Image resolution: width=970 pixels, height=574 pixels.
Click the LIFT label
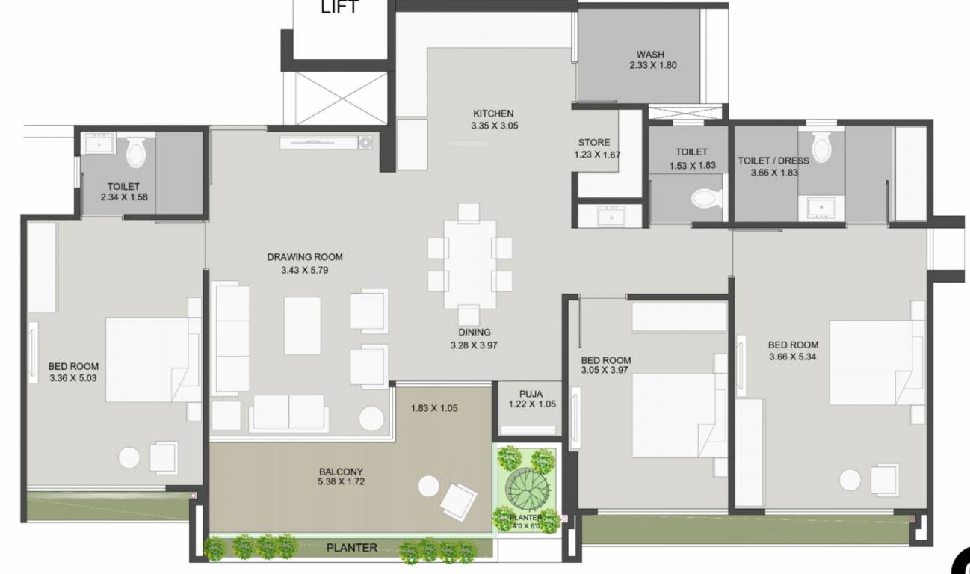(340, 8)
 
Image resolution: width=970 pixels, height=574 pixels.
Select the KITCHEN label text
(493, 114)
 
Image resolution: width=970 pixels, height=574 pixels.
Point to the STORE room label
(594, 142)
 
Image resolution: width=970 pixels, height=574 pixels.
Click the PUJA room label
(531, 394)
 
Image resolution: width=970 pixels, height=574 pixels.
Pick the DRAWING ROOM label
(305, 257)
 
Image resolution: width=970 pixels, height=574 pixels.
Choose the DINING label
(475, 333)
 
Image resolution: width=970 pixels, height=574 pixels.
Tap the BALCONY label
(341, 472)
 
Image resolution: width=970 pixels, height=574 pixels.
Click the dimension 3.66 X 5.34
(793, 357)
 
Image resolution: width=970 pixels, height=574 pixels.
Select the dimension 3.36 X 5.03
(73, 378)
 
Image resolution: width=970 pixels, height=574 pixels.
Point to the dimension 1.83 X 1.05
(434, 408)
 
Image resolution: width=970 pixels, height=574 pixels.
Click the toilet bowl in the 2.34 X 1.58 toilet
(137, 152)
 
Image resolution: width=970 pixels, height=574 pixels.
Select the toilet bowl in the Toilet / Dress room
(822, 147)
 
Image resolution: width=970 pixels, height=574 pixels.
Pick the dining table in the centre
(469, 263)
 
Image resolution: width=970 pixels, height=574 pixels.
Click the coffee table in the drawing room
(302, 325)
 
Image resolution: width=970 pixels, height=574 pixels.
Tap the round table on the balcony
(428, 486)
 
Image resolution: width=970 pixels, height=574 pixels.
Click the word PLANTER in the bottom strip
(352, 548)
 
